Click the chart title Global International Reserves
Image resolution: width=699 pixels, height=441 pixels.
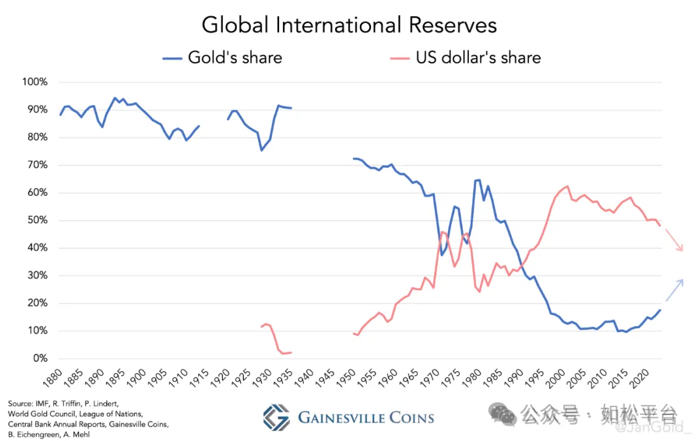[349, 25]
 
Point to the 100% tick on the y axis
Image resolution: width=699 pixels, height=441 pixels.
[35, 82]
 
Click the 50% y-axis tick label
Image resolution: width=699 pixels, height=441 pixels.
[37, 220]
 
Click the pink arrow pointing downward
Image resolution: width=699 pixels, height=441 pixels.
[674, 241]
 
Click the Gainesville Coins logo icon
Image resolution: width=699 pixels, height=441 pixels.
[276, 418]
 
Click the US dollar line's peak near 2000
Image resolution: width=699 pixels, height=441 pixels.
[567, 187]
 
